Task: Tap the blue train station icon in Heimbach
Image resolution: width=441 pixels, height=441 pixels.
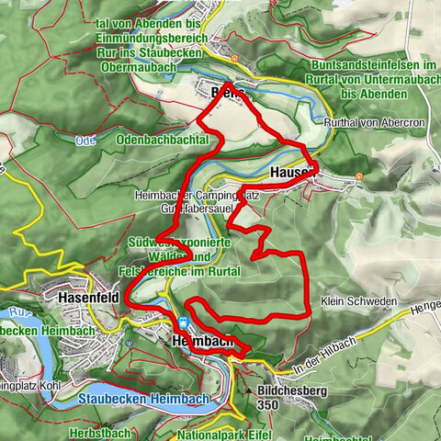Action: click(183, 322)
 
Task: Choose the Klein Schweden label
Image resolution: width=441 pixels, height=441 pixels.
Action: click(359, 301)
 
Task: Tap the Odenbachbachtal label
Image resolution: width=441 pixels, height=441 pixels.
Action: click(163, 138)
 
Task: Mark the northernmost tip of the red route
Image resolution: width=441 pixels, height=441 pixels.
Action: click(226, 84)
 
